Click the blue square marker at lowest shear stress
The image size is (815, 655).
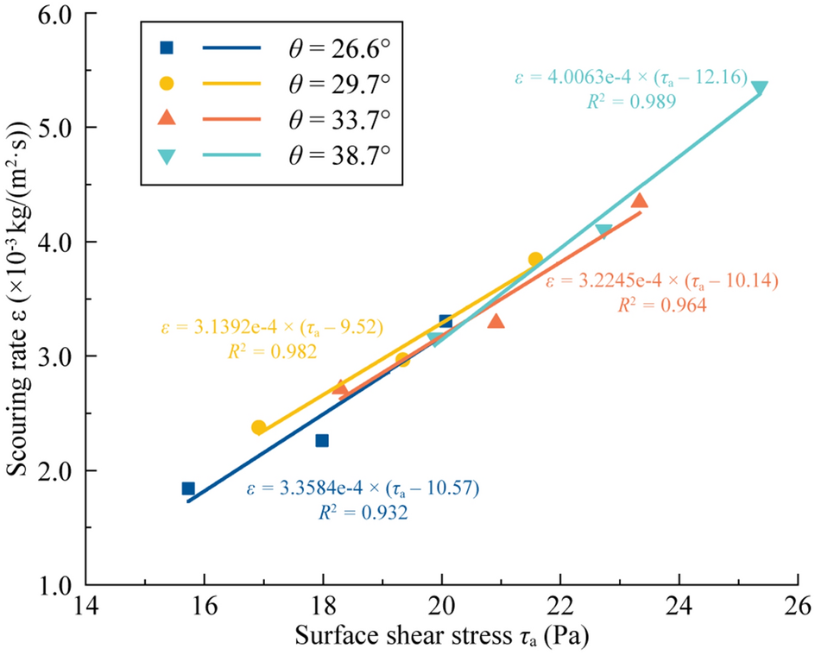(188, 488)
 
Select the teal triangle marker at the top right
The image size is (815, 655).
(760, 87)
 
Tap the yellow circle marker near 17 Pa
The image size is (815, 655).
(259, 427)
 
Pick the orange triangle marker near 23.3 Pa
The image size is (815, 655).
(640, 201)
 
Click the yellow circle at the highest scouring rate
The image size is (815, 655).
(535, 259)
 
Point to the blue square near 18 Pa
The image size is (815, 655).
(322, 440)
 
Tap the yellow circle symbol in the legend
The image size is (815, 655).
(167, 83)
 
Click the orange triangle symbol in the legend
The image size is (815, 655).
(167, 118)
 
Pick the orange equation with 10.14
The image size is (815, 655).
(662, 280)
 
